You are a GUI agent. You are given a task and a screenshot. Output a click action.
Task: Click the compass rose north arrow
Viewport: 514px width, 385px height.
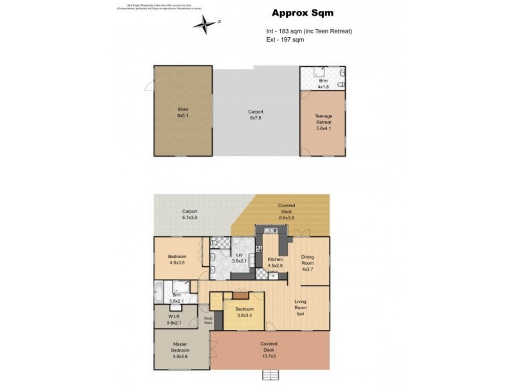206,24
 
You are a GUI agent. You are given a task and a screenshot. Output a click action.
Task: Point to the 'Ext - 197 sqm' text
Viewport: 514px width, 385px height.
285,39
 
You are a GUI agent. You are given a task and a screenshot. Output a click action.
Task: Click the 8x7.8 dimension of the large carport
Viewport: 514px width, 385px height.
256,118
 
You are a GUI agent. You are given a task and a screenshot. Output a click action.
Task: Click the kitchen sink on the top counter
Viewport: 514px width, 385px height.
265,229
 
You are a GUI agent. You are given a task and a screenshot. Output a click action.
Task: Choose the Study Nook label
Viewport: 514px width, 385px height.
208,321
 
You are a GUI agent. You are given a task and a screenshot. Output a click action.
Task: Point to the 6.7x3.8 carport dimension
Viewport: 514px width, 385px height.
189,218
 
